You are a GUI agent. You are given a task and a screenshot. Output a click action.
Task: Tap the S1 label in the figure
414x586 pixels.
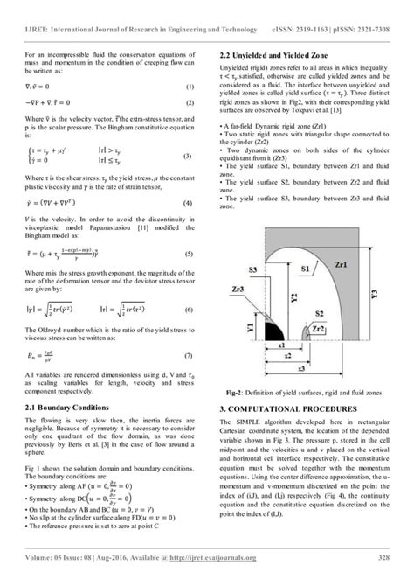pyautogui.click(x=305, y=265)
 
